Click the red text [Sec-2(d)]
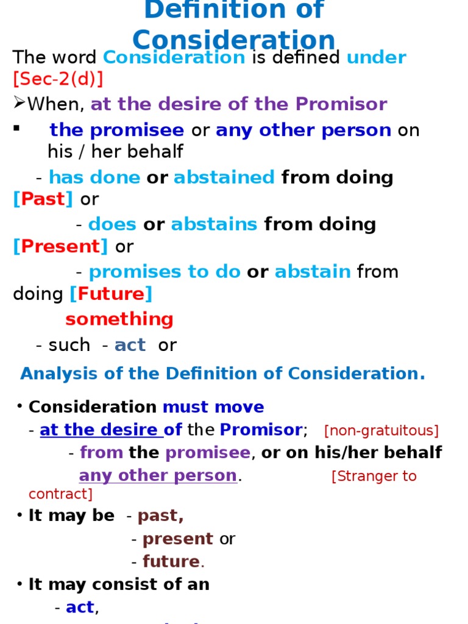pos(58,79)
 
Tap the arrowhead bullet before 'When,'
pos(19,102)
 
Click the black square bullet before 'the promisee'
pos(16,128)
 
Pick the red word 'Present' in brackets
pos(60,246)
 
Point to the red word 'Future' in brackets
pos(111,294)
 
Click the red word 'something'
pos(119,319)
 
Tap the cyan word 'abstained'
pos(224,177)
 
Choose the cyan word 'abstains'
pos(214,224)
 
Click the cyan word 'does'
pos(112,224)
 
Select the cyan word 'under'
pos(377,57)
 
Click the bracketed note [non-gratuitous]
pos(381,431)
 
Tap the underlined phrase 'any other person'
pos(158,475)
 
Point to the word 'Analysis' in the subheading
pos(59,374)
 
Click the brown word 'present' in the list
pos(178,539)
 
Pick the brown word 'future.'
pos(174,561)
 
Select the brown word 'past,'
pos(161,516)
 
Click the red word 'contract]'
pos(60,494)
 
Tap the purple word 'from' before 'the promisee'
pos(101,453)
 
